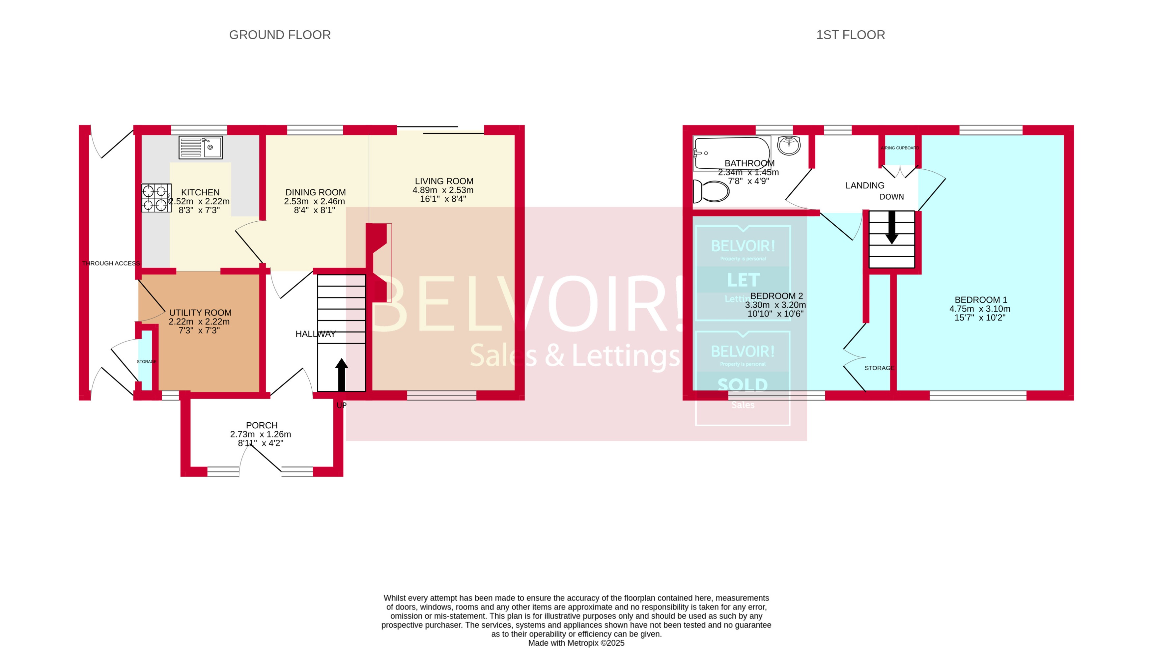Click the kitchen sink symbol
[201, 147]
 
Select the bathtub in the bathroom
[731, 154]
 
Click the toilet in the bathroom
[711, 191]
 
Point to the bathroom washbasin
[789, 145]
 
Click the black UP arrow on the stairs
[342, 375]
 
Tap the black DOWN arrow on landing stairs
[892, 228]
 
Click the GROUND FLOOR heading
[280, 35]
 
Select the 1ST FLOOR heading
[851, 35]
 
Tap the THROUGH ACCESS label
[111, 264]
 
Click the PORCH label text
[262, 425]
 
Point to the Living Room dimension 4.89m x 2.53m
[443, 190]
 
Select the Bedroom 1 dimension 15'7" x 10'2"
[979, 318]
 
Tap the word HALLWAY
[316, 334]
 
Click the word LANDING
[865, 185]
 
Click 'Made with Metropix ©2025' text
[576, 643]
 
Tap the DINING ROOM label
[316, 192]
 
